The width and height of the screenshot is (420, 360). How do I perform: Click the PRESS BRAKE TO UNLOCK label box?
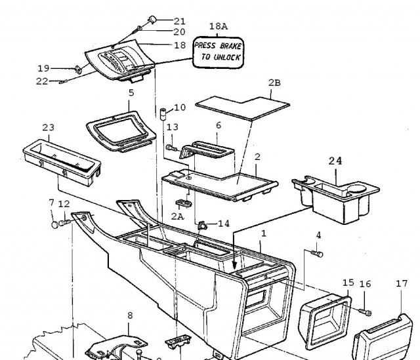click(x=218, y=52)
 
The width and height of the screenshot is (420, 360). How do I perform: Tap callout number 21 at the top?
click(x=180, y=21)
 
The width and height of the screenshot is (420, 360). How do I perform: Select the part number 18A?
click(x=219, y=26)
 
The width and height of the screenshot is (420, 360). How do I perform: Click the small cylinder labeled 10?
click(x=163, y=114)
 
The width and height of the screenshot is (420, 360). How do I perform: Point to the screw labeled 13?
click(x=171, y=148)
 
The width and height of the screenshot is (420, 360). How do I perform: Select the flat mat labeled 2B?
click(x=243, y=108)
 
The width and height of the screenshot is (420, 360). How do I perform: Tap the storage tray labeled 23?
click(x=62, y=162)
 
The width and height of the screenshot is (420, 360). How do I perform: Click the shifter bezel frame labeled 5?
click(x=121, y=132)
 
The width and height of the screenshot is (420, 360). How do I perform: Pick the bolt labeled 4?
click(x=317, y=254)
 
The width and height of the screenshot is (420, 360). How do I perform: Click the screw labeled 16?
click(x=365, y=312)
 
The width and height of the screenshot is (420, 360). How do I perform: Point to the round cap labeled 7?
click(x=54, y=224)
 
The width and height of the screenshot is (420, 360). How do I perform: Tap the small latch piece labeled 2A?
click(x=184, y=203)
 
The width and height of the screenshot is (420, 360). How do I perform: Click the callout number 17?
click(x=402, y=283)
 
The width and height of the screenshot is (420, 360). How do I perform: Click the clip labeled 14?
click(x=202, y=225)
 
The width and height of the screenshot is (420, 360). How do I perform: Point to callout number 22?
click(x=42, y=81)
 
